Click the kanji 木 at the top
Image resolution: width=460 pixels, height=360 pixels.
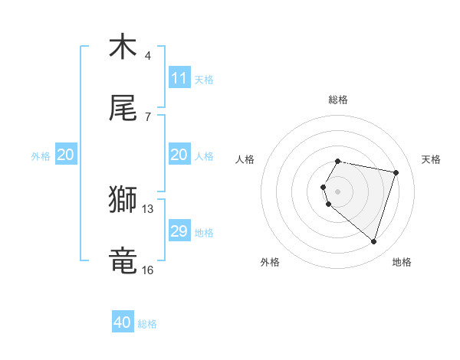(x=123, y=47)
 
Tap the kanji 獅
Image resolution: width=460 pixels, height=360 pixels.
(x=123, y=200)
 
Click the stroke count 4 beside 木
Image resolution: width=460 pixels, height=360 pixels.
(x=148, y=55)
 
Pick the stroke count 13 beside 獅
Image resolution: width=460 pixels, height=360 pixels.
(x=148, y=208)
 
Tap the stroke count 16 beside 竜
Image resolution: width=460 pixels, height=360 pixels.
(x=148, y=270)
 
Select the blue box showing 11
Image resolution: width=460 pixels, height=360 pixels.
(x=179, y=78)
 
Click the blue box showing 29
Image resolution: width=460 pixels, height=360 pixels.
(x=179, y=231)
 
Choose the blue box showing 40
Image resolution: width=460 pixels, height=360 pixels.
(x=123, y=322)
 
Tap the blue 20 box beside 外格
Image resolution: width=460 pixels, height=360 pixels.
(x=65, y=155)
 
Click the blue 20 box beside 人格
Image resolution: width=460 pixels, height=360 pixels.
(x=179, y=155)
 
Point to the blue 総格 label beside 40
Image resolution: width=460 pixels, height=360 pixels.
(x=147, y=324)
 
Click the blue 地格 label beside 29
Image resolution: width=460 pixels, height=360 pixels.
(x=204, y=233)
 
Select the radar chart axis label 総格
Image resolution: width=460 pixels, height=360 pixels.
(x=338, y=100)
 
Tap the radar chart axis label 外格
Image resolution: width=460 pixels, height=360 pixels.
(x=270, y=262)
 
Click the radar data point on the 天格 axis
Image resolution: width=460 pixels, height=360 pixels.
(x=396, y=172)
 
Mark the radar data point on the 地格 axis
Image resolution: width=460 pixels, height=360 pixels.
(x=373, y=241)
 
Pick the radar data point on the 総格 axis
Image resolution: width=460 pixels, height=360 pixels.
(x=338, y=161)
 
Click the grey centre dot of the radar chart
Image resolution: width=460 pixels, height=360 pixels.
(x=338, y=191)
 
